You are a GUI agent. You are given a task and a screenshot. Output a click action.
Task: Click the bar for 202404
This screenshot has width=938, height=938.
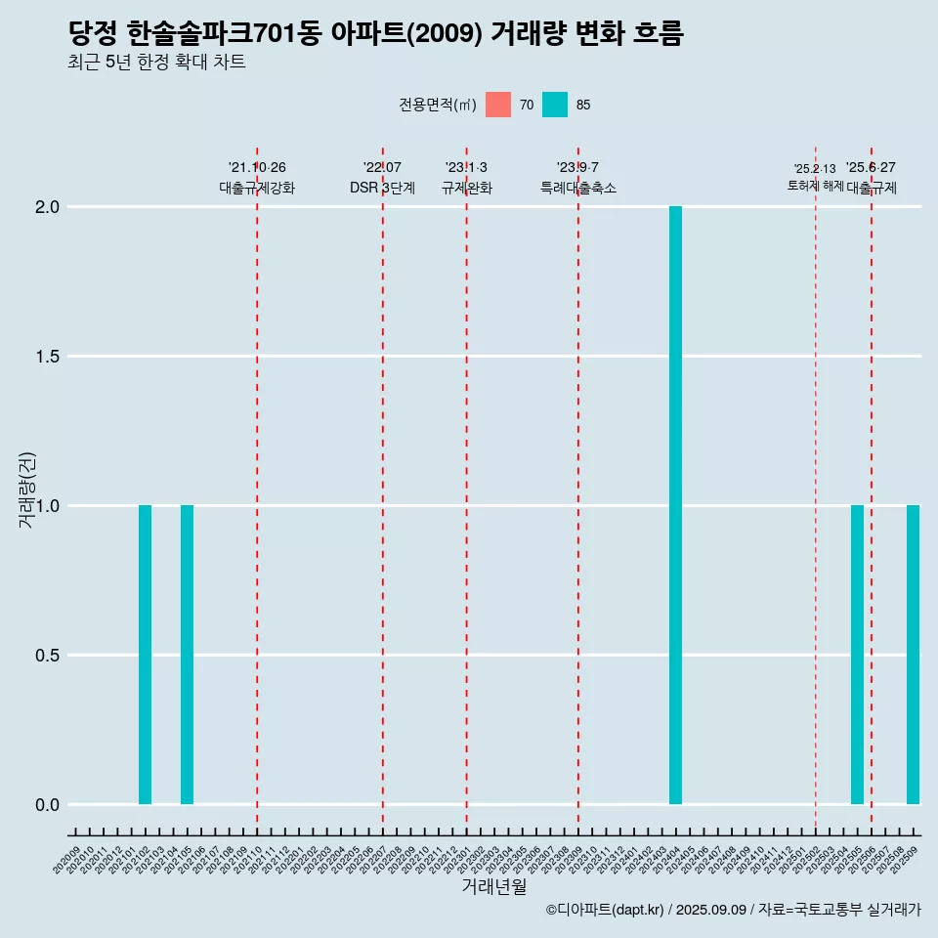(x=675, y=505)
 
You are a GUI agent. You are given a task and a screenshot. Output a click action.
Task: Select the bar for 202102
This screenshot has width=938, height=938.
(x=145, y=655)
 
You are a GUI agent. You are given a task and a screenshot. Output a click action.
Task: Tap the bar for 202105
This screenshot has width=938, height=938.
(x=187, y=655)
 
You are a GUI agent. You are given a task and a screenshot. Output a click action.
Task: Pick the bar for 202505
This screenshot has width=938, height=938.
(x=857, y=655)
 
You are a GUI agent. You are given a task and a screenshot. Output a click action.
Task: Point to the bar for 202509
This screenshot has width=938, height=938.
(x=913, y=655)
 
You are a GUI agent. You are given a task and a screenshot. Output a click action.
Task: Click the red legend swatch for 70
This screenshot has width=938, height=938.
(x=498, y=105)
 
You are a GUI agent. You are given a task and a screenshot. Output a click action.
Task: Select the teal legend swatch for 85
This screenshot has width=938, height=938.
(x=555, y=105)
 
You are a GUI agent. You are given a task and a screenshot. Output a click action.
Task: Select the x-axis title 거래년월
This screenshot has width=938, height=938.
(x=493, y=886)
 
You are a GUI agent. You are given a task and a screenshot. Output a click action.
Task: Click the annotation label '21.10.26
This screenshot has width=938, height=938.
(x=257, y=168)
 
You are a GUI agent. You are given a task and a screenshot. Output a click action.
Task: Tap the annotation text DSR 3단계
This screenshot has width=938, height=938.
(x=382, y=188)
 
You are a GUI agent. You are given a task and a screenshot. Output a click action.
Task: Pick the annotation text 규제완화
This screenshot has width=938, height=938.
(x=466, y=188)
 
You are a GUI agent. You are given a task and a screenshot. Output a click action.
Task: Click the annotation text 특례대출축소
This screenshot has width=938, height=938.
(x=578, y=188)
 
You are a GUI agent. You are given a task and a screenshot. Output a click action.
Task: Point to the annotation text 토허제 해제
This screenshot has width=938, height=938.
(x=815, y=186)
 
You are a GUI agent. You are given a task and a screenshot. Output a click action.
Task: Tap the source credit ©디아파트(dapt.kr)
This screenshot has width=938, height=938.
(x=605, y=910)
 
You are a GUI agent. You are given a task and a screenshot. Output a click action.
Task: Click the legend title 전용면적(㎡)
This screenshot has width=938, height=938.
(x=438, y=106)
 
